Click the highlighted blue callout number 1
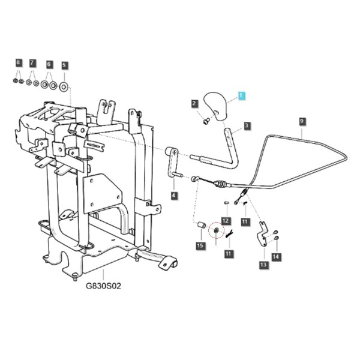[242, 95]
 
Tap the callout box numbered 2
[194, 103]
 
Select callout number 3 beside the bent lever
[247, 125]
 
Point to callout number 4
[174, 196]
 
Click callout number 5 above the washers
[64, 65]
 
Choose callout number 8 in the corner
[19, 62]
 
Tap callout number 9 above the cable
[302, 121]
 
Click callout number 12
[226, 221]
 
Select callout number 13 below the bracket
[263, 265]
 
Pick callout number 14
[276, 257]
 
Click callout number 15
[200, 245]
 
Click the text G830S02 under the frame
[103, 286]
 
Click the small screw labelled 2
[205, 121]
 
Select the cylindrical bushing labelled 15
[202, 225]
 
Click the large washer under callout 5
[64, 87]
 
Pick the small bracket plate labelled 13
[262, 234]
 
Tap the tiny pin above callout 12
[226, 203]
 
